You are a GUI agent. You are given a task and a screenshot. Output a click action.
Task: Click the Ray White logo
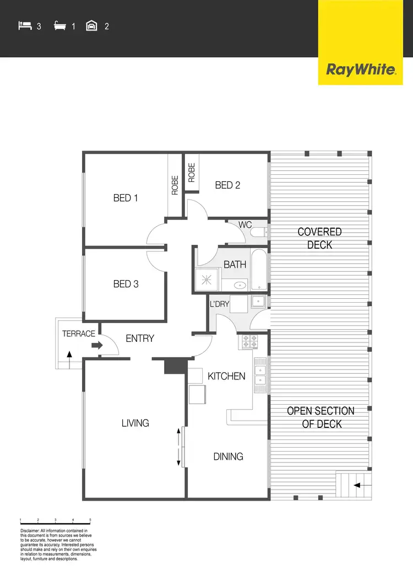pyautogui.click(x=361, y=69)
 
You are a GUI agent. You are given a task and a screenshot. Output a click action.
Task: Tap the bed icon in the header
pyautogui.click(x=25, y=25)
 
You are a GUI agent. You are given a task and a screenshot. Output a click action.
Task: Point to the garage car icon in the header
pyautogui.click(x=92, y=25)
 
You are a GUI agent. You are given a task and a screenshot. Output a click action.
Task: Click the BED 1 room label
pyautogui.click(x=126, y=198)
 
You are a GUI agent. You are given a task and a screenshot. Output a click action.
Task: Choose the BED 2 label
pyautogui.click(x=227, y=185)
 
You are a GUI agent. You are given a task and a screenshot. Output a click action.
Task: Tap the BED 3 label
pyautogui.click(x=126, y=284)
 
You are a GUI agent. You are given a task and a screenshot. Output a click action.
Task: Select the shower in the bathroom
pyautogui.click(x=206, y=280)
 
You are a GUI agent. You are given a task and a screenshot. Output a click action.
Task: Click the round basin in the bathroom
pyautogui.click(x=240, y=286)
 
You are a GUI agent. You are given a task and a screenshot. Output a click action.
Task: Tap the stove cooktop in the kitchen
pyautogui.click(x=248, y=342)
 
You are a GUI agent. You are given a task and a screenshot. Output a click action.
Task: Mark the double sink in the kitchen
pyautogui.click(x=259, y=375)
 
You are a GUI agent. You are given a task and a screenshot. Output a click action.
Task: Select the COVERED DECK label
pyautogui.click(x=319, y=238)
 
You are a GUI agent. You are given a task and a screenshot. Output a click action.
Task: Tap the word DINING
pyautogui.click(x=228, y=457)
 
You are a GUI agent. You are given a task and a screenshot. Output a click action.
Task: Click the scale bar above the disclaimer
pyautogui.click(x=55, y=521)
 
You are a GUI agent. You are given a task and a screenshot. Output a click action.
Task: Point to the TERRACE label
pyautogui.click(x=78, y=334)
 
